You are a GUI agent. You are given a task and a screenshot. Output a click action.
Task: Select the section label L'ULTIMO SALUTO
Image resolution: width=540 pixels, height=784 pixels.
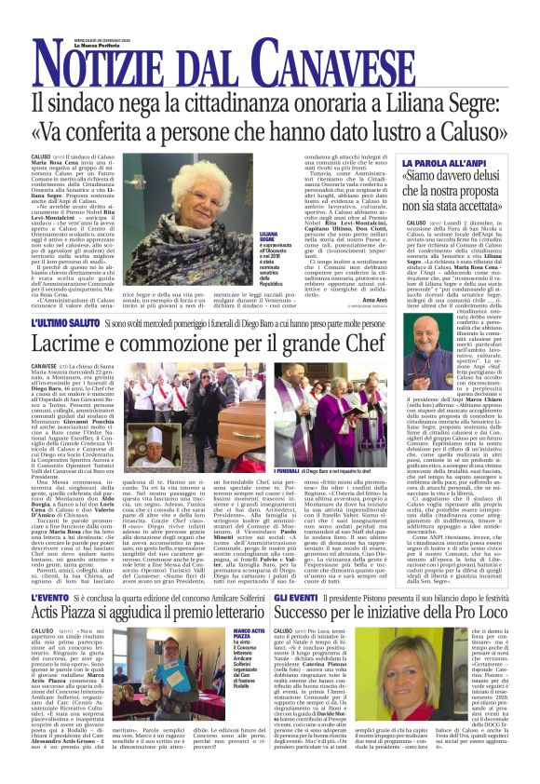pos(64,322)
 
